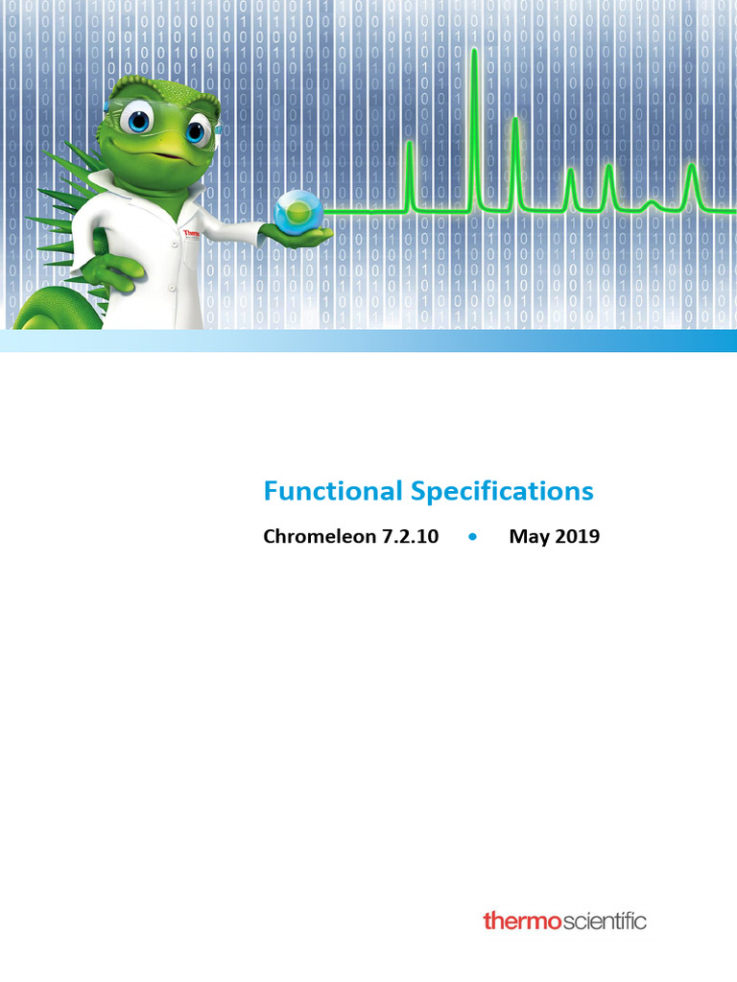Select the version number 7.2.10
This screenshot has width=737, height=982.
click(407, 537)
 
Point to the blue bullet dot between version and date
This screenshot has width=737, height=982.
click(473, 537)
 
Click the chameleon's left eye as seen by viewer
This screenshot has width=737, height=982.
click(139, 121)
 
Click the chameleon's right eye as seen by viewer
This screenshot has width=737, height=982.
click(197, 129)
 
